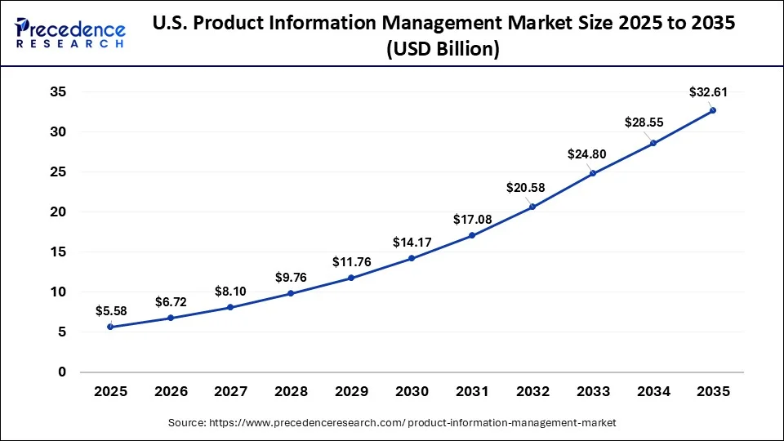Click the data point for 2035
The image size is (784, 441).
(712, 110)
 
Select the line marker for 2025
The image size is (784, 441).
(110, 327)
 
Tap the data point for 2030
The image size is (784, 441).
(412, 258)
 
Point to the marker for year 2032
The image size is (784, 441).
(532, 207)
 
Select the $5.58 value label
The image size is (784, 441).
(111, 310)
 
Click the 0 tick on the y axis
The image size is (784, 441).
(61, 372)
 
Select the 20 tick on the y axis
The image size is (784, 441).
(57, 212)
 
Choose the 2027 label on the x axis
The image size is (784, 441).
(230, 392)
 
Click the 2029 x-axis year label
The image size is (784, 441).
(351, 392)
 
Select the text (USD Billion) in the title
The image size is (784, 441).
(443, 49)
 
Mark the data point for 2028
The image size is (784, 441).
(291, 293)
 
